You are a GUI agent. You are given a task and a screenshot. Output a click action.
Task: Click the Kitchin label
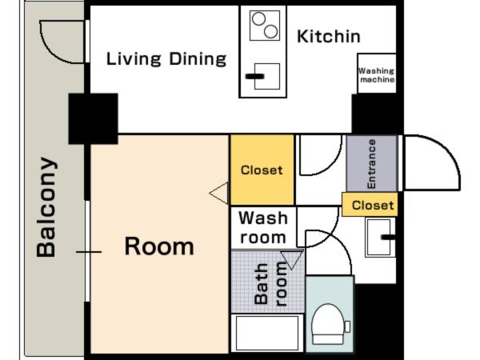point(329,37)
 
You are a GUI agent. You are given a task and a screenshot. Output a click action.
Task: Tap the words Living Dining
point(166,58)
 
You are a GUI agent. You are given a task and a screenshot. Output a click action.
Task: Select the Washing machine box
point(377,74)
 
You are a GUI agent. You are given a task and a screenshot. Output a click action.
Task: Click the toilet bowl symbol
point(328,324)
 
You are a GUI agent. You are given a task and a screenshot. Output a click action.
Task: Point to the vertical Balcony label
point(46,207)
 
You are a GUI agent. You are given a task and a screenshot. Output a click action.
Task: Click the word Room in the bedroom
point(159,246)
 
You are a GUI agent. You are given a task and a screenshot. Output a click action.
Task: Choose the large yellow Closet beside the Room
point(262,170)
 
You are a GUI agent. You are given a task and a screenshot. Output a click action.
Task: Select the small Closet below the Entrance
point(370,205)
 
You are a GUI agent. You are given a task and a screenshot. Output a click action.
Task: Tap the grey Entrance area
point(372,164)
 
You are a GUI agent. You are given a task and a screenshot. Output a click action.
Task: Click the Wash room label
point(263,228)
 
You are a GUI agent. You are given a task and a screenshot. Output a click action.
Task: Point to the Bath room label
point(270,284)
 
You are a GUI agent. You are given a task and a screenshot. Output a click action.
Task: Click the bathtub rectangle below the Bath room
point(267,333)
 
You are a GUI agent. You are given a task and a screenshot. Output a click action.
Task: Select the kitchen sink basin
point(267,76)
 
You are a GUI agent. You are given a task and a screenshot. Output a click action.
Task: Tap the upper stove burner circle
point(258,18)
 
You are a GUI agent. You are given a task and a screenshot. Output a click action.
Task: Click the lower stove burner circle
point(270,31)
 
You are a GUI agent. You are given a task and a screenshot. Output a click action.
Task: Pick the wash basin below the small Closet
point(379,238)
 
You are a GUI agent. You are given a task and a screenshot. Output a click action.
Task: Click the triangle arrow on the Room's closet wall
point(219,193)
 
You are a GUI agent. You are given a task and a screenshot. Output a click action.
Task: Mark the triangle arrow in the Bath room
point(292,259)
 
